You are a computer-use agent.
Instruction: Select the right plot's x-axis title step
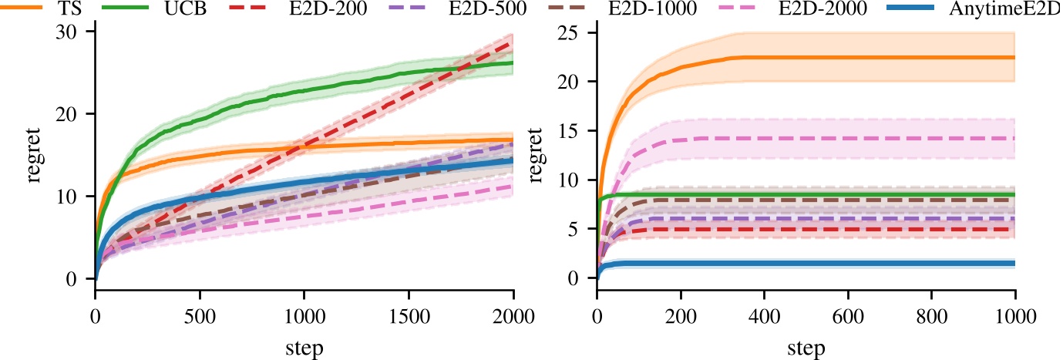pyautogui.click(x=805, y=347)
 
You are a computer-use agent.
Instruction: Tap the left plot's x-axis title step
pyautogui.click(x=304, y=347)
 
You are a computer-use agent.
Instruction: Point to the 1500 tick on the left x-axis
pyautogui.click(x=409, y=315)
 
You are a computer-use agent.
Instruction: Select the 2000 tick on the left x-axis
pyautogui.click(x=513, y=315)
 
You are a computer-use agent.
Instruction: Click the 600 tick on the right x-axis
pyautogui.click(x=847, y=315)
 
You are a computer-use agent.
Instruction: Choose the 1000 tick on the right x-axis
pyautogui.click(x=1014, y=315)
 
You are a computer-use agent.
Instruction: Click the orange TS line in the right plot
pyautogui.click(x=848, y=57)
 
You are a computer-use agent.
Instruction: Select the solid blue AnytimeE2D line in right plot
pyautogui.click(x=848, y=264)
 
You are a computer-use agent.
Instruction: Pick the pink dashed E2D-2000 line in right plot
pyautogui.click(x=848, y=138)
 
